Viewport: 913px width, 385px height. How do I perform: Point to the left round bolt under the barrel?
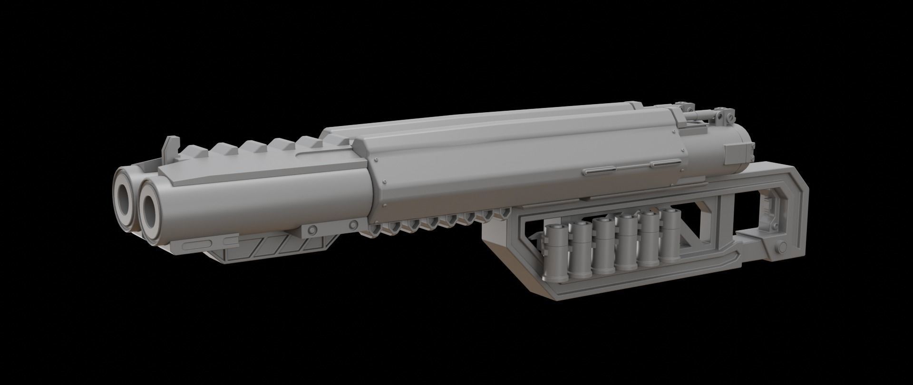click(312, 229)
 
